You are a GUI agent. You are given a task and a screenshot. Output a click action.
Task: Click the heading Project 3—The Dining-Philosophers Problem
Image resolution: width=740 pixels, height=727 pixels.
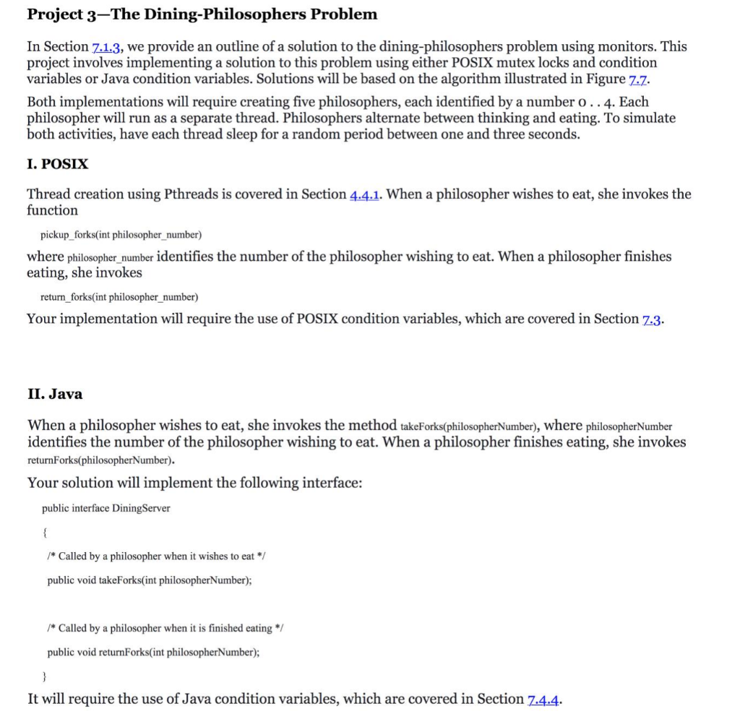[x=202, y=14]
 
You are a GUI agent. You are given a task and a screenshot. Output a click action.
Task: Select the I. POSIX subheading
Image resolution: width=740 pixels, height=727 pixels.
[x=57, y=163]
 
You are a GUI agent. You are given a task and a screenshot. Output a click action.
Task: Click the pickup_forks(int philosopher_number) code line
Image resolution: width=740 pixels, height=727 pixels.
[x=121, y=235]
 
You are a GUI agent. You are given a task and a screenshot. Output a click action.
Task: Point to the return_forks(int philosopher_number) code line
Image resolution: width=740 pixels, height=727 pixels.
[x=119, y=297]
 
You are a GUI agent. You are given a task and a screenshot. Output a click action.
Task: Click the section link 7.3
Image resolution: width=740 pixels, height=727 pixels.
[x=652, y=319]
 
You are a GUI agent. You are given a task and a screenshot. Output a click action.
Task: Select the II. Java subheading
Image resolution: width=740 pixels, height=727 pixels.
[x=55, y=394]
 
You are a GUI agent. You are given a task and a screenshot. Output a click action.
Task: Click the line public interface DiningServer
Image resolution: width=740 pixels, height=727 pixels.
[x=106, y=508]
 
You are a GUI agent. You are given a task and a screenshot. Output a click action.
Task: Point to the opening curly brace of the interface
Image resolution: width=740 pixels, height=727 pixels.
[x=45, y=532]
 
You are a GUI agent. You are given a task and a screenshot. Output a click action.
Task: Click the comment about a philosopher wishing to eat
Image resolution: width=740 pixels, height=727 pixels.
[x=158, y=556]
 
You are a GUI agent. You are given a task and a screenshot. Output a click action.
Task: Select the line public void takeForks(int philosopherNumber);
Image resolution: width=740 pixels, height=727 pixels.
[x=150, y=580]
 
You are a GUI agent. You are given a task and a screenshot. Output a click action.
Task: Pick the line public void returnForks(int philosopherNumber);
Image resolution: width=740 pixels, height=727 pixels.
[x=153, y=652]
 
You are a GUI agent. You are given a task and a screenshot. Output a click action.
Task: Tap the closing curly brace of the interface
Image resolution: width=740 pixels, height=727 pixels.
[x=45, y=676]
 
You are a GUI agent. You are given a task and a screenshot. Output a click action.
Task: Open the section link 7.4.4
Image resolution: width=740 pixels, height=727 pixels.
[x=544, y=700]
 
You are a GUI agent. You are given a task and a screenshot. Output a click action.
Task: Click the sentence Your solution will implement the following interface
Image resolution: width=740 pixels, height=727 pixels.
[x=194, y=483]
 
